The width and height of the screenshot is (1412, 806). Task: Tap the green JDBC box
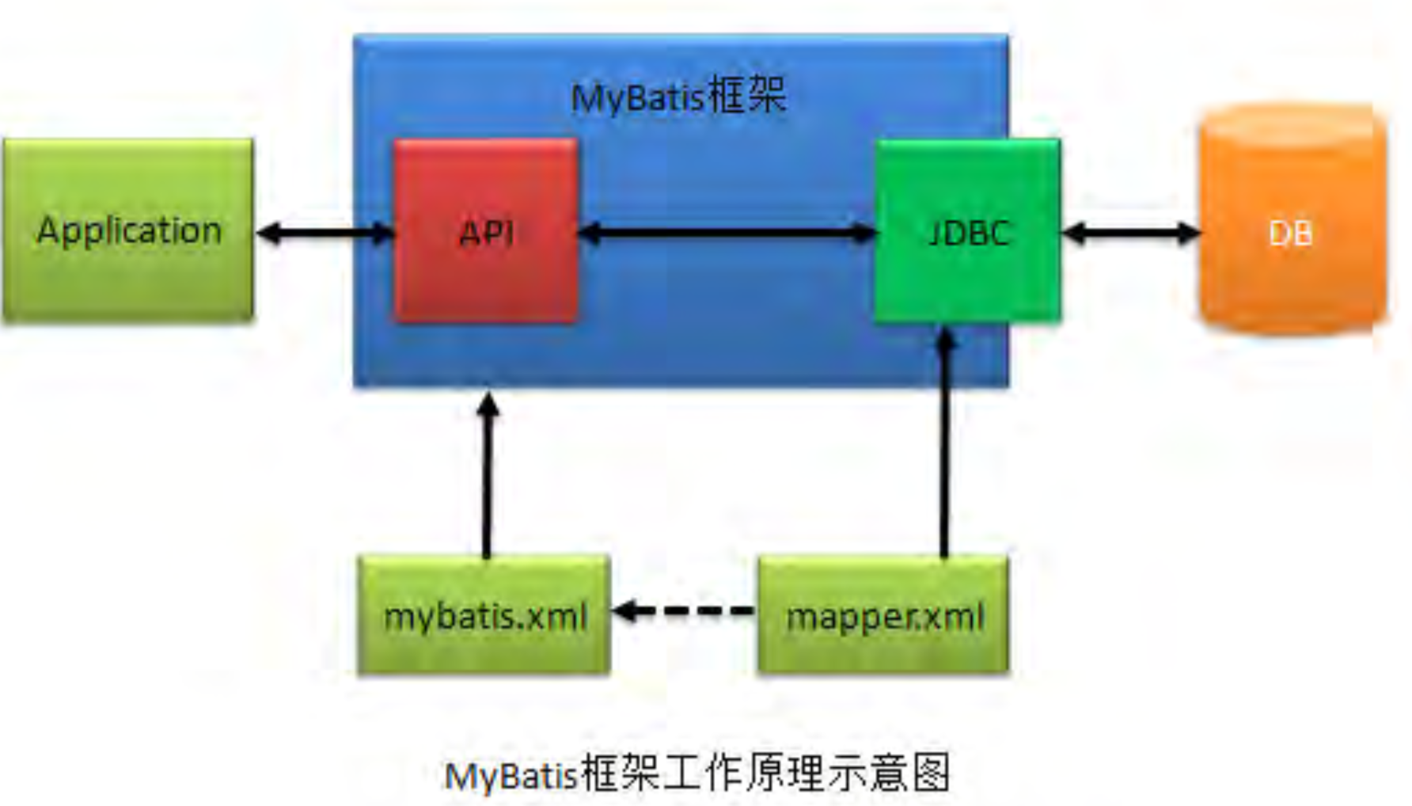(967, 277)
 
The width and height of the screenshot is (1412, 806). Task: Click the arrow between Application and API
(325, 233)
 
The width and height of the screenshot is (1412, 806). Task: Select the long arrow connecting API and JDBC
(727, 233)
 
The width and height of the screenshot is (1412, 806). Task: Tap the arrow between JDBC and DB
(1130, 233)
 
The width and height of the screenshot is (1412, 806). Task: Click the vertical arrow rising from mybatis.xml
(487, 483)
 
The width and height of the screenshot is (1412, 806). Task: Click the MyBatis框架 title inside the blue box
(678, 97)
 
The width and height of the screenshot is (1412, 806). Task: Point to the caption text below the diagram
(697, 773)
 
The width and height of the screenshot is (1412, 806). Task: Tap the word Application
(129, 230)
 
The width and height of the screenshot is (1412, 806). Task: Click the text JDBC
(969, 233)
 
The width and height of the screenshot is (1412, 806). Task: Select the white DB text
(1291, 233)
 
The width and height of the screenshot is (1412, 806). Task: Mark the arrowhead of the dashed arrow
(625, 610)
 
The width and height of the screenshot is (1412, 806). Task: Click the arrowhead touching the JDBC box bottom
(944, 339)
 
